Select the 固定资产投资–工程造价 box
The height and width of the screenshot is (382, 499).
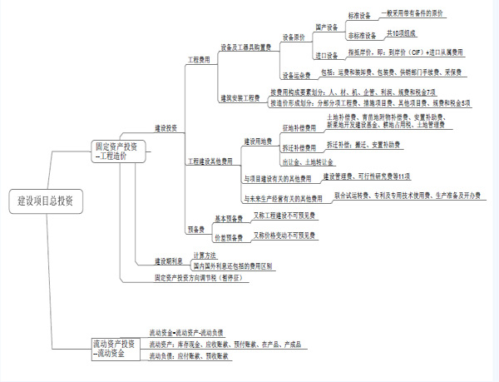click(121, 151)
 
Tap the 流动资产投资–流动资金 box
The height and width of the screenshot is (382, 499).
click(112, 348)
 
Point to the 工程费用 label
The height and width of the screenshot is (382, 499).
click(200, 61)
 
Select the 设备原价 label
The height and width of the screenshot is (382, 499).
click(294, 37)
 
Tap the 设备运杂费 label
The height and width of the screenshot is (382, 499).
click(296, 74)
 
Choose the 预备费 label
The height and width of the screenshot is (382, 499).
click(196, 229)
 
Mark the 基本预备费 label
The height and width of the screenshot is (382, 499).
click(229, 218)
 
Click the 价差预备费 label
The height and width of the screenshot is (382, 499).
click(229, 238)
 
